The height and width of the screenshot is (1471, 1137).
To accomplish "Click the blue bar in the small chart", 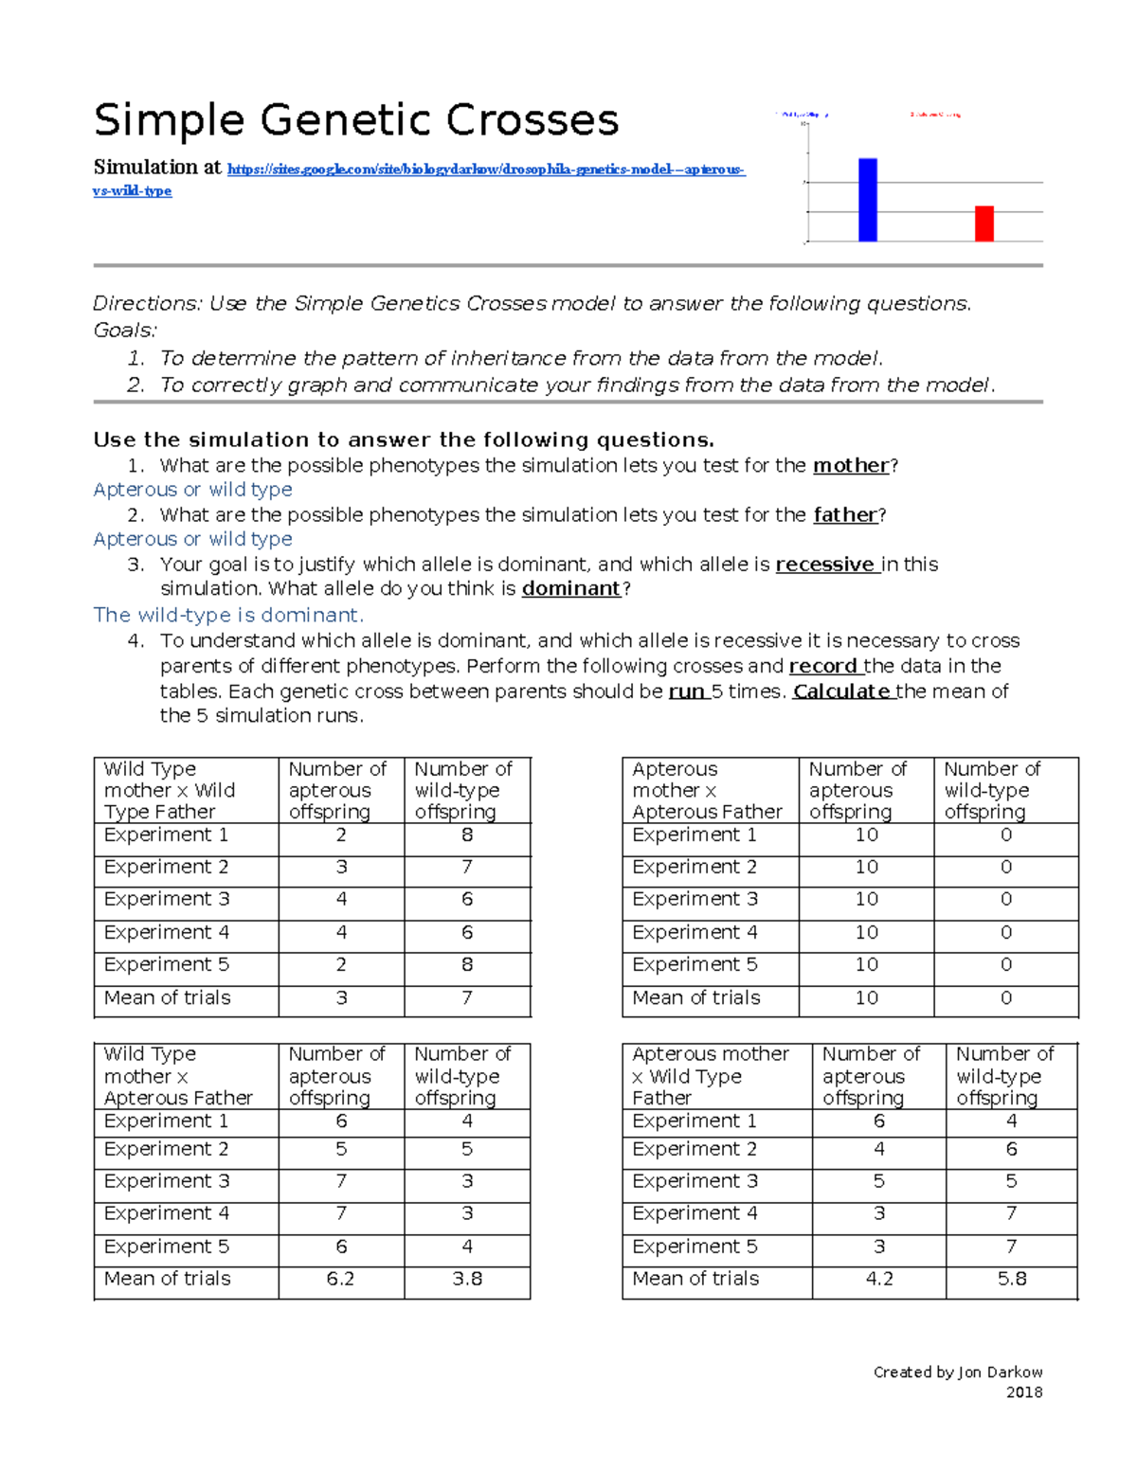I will [867, 200].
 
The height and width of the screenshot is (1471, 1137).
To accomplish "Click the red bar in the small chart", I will [984, 224].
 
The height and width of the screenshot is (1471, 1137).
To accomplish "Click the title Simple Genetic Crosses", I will [356, 121].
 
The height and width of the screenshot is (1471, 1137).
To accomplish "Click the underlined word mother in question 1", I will [851, 465].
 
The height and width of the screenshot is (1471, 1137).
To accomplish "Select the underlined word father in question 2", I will [845, 514].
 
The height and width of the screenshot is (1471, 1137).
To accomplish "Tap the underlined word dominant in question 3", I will [571, 588].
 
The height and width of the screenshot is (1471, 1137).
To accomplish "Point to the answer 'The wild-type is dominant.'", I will [228, 615].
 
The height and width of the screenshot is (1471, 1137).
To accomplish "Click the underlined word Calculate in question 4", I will [842, 691].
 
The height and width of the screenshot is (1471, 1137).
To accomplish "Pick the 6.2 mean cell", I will [340, 1279].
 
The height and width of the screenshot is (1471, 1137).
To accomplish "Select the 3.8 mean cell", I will [466, 1279].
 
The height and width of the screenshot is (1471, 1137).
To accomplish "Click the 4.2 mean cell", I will [879, 1279].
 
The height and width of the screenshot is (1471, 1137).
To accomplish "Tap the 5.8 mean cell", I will [1011, 1279].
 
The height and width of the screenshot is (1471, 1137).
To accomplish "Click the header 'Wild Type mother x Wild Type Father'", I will [170, 790].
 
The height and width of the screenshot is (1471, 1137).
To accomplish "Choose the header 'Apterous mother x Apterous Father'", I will [707, 790].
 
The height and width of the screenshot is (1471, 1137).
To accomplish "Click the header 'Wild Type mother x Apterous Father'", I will [178, 1076].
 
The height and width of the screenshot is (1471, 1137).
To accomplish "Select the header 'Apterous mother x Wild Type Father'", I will [710, 1076].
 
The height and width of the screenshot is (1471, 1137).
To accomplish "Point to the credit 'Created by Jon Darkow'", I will [957, 1372].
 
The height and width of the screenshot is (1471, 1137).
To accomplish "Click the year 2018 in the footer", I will [1023, 1392].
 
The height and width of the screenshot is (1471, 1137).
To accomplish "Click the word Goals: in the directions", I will [125, 330].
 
